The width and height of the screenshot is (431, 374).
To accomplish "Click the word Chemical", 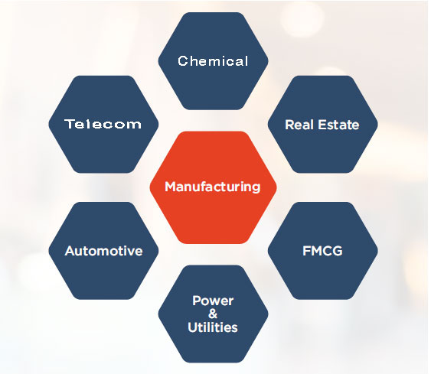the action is click(x=213, y=61).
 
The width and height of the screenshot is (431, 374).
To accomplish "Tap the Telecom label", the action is click(x=103, y=124).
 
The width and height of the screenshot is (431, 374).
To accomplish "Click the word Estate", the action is click(x=338, y=125).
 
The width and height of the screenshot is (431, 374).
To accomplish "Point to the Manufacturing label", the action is click(x=213, y=187).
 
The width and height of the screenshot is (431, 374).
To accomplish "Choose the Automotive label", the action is click(x=103, y=251).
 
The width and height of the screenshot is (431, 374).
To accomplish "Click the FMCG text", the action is click(x=322, y=251).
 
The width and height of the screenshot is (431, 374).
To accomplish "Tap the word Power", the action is click(x=213, y=301).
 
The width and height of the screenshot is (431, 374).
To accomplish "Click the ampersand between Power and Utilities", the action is click(x=213, y=314).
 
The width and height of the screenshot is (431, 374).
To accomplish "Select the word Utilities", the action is click(x=213, y=327).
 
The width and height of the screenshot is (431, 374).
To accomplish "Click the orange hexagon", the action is click(x=213, y=187).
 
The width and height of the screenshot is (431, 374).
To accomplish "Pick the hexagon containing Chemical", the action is click(x=213, y=61).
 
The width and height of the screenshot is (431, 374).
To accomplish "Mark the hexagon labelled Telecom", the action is click(x=103, y=124).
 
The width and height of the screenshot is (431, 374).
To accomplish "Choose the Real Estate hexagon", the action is click(x=323, y=124).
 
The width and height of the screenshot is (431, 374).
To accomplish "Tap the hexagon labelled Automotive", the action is click(x=103, y=251).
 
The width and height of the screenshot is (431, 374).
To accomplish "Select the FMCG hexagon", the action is click(x=323, y=251).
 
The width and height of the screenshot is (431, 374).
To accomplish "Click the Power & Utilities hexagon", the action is click(x=213, y=314).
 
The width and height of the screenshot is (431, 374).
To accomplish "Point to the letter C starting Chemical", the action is click(x=182, y=61).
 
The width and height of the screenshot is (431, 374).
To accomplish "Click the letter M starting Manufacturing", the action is click(x=171, y=187).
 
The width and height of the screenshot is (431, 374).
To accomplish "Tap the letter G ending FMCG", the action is click(x=338, y=251).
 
